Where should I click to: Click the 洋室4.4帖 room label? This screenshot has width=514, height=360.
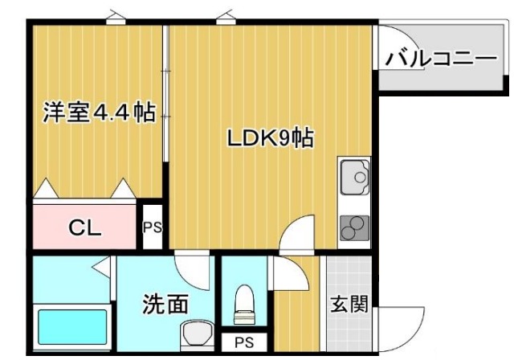tap(98, 112)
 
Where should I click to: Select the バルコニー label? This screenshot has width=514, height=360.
tap(441, 59)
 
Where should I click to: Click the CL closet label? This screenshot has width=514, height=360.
tap(84, 227)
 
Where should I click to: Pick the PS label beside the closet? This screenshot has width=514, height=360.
tap(153, 227)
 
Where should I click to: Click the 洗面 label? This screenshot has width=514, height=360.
tap(165, 305)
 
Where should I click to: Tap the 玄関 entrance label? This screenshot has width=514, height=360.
tap(349, 305)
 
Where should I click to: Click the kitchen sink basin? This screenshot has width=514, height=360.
tap(353, 176)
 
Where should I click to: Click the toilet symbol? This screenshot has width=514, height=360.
tap(243, 304)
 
